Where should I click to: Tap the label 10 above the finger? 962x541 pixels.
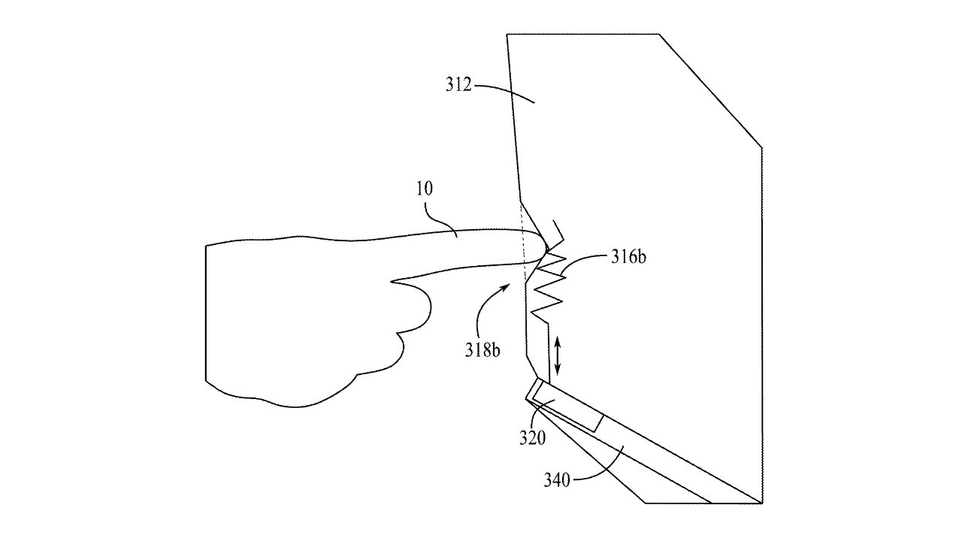(x=425, y=188)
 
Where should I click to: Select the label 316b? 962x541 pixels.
(x=628, y=258)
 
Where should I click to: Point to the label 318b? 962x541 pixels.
(x=482, y=350)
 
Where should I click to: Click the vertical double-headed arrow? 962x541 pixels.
(x=558, y=357)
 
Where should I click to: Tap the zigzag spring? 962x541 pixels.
(x=548, y=286)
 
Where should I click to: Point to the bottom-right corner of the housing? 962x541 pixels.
(x=761, y=502)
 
